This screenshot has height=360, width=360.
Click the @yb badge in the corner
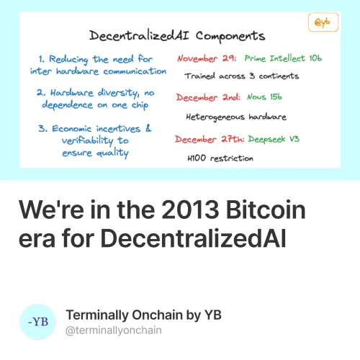[323, 22]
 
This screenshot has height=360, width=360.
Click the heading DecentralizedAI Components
[176, 35]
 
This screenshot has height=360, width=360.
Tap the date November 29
[207, 58]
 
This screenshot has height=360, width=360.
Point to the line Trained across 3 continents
[241, 75]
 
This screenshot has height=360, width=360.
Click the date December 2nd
[206, 96]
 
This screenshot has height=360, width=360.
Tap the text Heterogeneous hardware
[235, 115]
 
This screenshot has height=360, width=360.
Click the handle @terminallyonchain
[113, 330]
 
